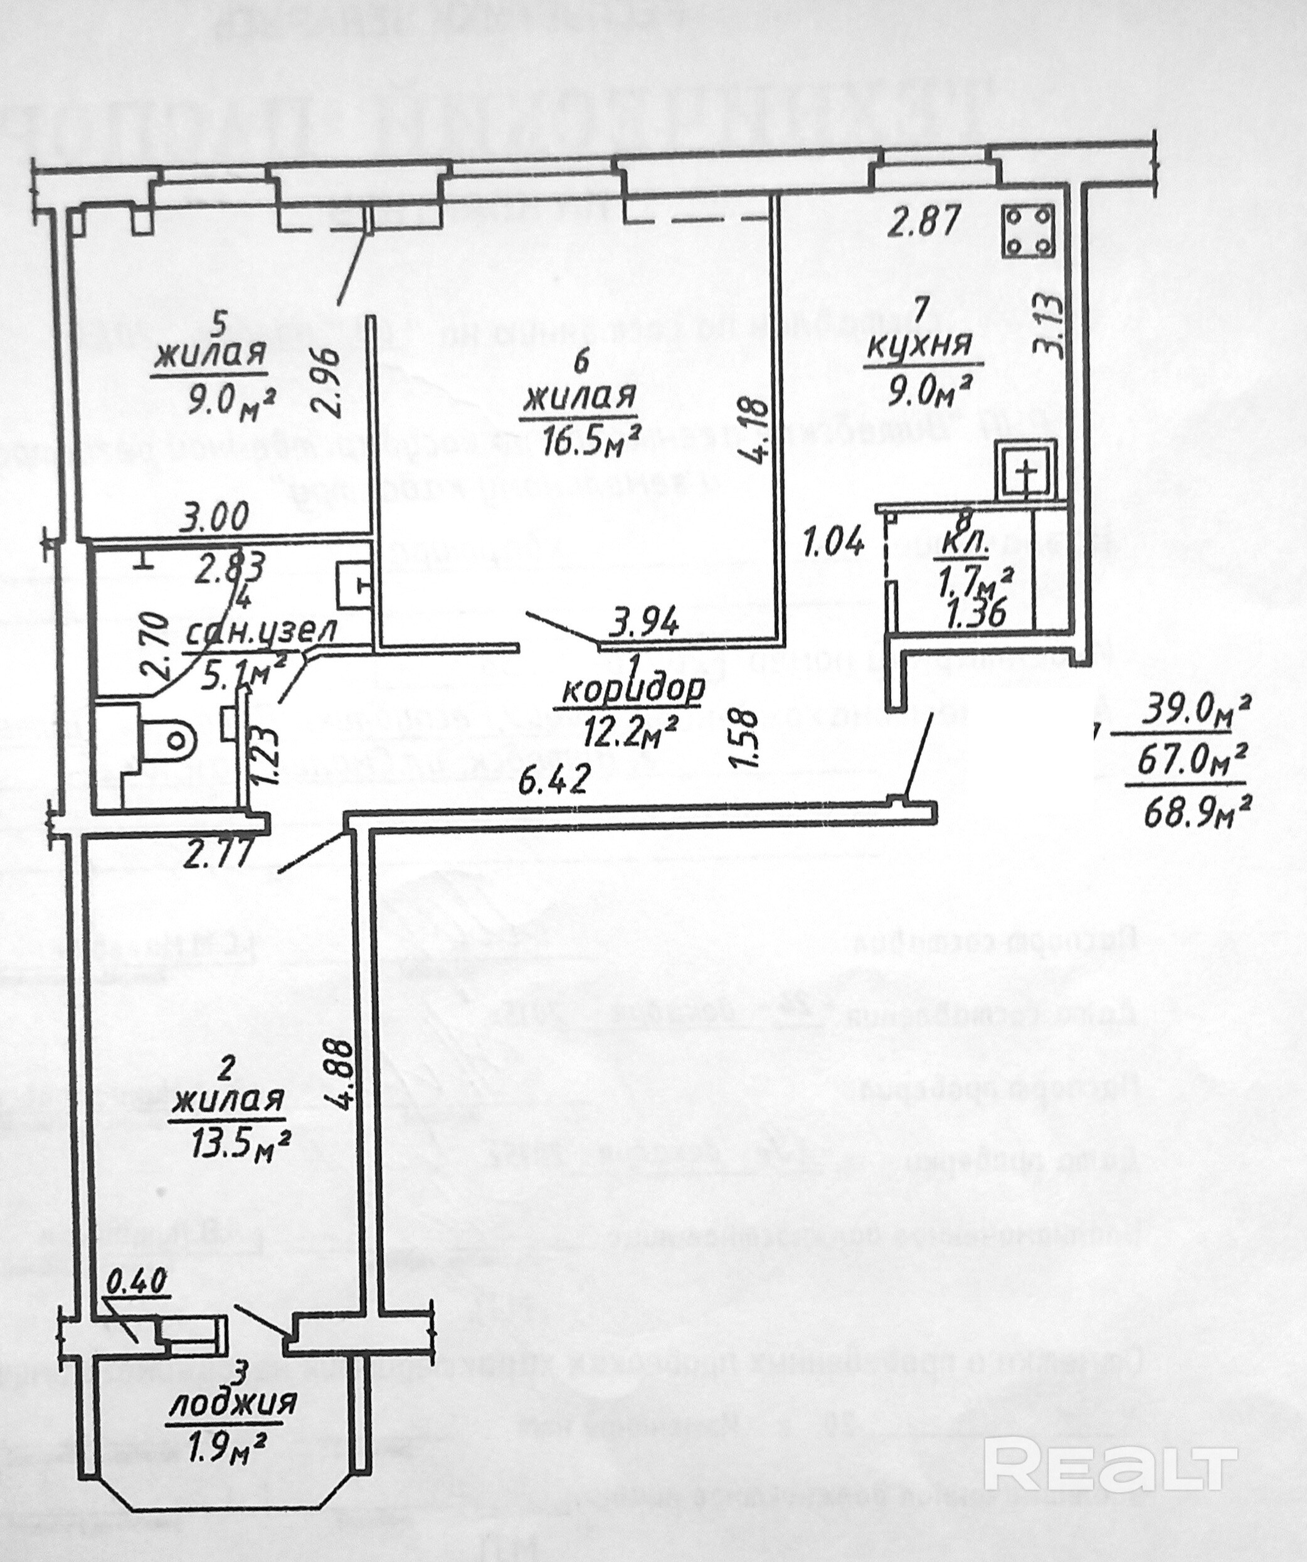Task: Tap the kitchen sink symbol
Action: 1027,469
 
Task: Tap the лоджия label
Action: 233,1404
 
